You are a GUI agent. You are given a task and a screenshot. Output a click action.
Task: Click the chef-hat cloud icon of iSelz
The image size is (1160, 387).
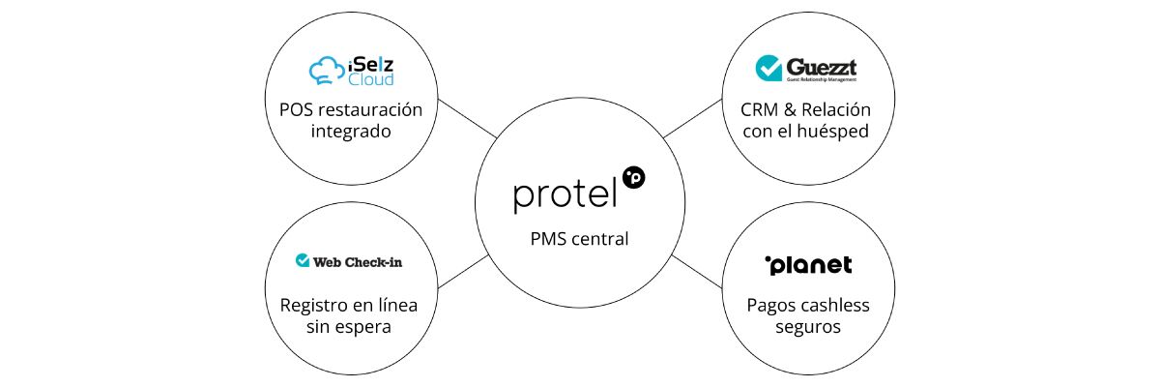(327, 71)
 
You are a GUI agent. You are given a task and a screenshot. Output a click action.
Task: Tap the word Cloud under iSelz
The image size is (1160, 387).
(371, 79)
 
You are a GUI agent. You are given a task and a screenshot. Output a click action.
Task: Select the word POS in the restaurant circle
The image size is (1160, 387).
(296, 110)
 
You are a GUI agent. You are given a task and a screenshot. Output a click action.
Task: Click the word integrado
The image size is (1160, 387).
(351, 132)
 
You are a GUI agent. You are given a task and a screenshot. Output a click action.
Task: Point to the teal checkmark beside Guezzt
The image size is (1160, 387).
(768, 68)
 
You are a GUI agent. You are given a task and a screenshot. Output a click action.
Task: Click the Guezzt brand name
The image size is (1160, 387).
(822, 67)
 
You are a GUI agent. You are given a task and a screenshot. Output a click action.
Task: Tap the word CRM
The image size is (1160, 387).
(759, 110)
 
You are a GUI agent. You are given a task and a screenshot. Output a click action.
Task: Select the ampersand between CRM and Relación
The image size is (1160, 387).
(790, 110)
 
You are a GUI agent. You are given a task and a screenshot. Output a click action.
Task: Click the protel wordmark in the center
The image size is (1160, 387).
(565, 194)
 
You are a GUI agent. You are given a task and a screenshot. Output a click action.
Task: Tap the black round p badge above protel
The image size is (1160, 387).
(634, 178)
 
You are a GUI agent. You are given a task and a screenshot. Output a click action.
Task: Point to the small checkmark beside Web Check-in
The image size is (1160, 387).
(303, 260)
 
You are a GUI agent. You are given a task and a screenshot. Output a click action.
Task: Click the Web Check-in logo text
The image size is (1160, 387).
(358, 262)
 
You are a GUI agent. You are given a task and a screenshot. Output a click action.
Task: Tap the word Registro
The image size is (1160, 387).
(314, 306)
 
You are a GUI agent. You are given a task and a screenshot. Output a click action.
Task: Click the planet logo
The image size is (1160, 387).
(808, 265)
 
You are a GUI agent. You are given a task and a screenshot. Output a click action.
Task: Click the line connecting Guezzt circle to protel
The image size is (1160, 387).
(692, 119)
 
